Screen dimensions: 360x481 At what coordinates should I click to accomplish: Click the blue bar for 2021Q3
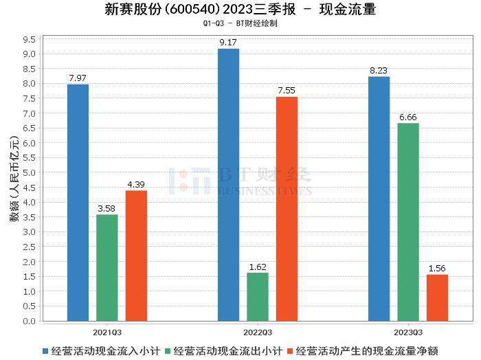(x=78, y=203)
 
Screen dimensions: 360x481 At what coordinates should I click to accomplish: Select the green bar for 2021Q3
(x=107, y=268)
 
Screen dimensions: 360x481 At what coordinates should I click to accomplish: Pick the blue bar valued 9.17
(x=228, y=185)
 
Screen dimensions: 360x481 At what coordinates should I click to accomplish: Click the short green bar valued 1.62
(x=258, y=297)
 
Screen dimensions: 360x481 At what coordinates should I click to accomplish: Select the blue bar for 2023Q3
(x=379, y=199)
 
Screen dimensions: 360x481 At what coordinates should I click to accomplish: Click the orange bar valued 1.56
(x=437, y=297)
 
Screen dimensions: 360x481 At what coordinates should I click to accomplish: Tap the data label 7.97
(x=78, y=78)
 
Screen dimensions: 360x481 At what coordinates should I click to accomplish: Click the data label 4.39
(x=136, y=185)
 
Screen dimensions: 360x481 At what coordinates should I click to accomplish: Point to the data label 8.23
(x=379, y=71)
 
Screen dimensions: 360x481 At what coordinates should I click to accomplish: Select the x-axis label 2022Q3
(x=258, y=332)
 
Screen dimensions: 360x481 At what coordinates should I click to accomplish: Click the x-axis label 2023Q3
(x=408, y=332)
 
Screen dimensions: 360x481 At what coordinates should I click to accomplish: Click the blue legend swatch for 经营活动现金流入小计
(x=45, y=350)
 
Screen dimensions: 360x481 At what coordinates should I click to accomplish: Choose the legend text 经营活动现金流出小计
(x=228, y=350)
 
